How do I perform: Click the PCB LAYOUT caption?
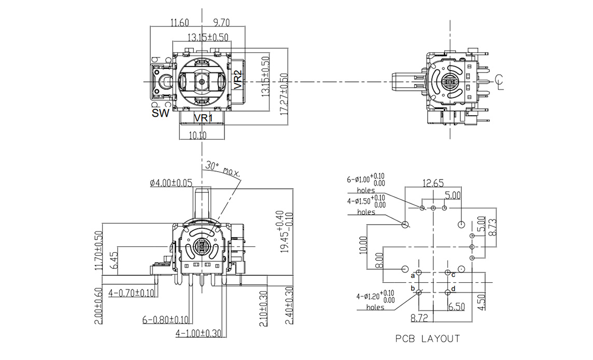[428, 339]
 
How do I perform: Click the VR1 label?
[203, 118]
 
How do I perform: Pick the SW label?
[160, 113]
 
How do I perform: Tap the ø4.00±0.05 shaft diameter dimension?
[171, 183]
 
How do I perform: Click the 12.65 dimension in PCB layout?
[433, 183]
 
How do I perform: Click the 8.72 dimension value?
[419, 316]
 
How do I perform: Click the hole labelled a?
[419, 272]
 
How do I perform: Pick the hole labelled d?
[447, 292]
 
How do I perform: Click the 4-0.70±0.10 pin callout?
[132, 293]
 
